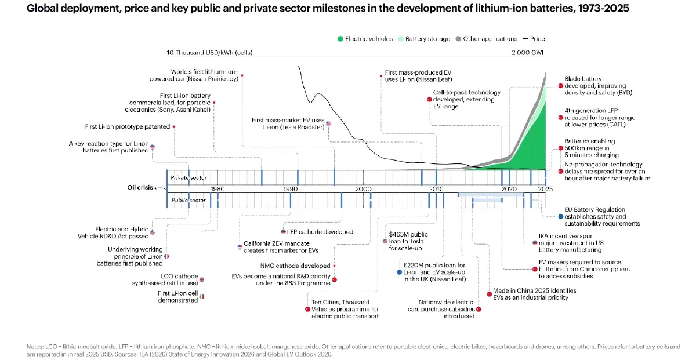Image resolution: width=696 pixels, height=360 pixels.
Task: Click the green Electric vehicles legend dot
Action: [x=340, y=39]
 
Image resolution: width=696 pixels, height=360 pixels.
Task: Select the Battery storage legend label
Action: [x=427, y=39]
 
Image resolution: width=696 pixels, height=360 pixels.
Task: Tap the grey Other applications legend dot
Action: [x=458, y=39]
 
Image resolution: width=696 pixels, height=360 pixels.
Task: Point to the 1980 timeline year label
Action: [x=217, y=189]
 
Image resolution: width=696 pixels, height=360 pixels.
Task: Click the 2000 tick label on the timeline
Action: [x=363, y=189]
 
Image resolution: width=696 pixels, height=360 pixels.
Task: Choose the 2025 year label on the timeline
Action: [x=545, y=189]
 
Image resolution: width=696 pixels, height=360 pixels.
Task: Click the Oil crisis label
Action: [x=140, y=187]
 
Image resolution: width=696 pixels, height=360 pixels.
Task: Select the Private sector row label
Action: [x=188, y=177]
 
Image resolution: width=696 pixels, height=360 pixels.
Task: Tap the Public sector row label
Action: [x=188, y=201]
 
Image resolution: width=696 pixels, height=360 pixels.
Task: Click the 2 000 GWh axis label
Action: [x=528, y=53]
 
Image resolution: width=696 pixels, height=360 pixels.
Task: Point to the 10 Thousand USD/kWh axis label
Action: [x=209, y=53]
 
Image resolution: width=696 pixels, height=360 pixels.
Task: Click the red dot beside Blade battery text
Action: [x=560, y=86]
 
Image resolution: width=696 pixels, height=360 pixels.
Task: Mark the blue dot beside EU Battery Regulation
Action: [x=560, y=216]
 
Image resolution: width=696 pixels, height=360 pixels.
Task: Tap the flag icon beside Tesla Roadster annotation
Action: [x=328, y=123]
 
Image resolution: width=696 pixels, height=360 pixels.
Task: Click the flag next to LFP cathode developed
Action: [x=283, y=232]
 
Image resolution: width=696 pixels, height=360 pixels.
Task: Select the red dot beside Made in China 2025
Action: [x=489, y=294]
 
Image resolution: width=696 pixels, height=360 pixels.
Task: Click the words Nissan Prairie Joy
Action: [x=212, y=79]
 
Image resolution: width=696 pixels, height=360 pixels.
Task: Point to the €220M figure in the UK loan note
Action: [x=413, y=266]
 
